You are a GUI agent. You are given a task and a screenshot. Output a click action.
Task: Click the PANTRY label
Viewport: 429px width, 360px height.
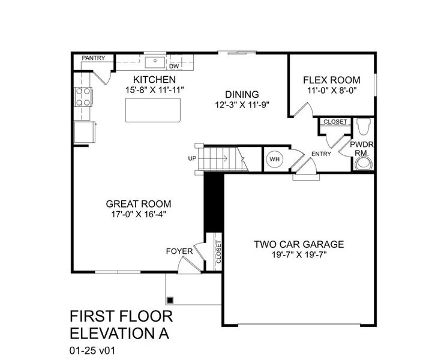tap(94, 58)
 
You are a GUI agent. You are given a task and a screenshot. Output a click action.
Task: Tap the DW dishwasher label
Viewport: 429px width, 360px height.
tap(174, 66)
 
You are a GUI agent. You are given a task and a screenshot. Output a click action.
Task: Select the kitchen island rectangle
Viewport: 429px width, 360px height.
tap(153, 110)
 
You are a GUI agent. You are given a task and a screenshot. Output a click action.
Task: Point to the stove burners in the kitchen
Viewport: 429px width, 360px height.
tap(83, 97)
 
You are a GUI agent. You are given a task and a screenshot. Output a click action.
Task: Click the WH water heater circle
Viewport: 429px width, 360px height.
tap(275, 160)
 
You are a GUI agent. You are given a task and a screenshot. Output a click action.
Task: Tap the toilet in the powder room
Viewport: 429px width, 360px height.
tap(362, 128)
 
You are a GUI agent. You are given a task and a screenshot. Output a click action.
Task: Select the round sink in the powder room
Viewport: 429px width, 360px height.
tap(362, 164)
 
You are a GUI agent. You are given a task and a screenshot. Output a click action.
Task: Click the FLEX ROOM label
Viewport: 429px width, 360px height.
tap(331, 80)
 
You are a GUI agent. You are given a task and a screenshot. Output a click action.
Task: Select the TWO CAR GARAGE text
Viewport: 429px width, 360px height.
tap(299, 244)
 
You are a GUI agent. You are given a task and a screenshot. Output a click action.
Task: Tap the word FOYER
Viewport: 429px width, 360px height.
tap(179, 251)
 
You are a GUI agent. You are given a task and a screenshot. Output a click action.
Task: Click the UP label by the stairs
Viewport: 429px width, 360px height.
tap(192, 159)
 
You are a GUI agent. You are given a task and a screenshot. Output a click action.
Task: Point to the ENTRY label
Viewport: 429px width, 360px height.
tap(321, 154)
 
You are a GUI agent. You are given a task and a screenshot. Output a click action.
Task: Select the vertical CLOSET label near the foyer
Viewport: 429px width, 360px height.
tap(218, 253)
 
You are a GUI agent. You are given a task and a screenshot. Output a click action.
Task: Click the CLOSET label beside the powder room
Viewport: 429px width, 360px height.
tap(335, 122)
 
